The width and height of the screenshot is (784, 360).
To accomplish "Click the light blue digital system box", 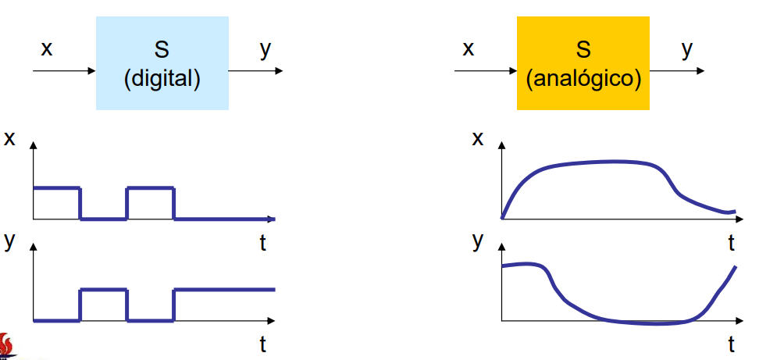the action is (162, 63).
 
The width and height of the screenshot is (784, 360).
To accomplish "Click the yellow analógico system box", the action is (583, 63).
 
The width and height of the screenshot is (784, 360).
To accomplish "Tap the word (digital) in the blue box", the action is (162, 79).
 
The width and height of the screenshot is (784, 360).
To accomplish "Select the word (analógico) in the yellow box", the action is (583, 79).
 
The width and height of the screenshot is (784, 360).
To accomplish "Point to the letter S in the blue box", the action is (162, 50).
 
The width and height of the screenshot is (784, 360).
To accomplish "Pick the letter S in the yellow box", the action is (583, 50).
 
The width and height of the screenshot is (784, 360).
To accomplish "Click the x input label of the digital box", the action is (47, 49).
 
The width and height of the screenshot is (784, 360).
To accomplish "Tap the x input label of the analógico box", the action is (468, 49).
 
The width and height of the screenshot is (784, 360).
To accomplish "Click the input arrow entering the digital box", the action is (64, 71).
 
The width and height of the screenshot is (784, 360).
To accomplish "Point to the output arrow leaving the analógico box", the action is (676, 71).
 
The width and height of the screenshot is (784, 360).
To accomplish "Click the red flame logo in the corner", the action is (7, 346).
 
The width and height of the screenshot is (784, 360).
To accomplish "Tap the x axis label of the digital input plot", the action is (9, 138).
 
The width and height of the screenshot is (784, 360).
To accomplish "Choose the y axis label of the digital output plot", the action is (9, 241).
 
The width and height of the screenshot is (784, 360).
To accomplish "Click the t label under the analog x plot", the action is (731, 243).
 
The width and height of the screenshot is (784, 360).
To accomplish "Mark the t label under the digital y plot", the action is (262, 344).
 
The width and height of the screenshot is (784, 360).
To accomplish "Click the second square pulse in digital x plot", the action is (151, 203).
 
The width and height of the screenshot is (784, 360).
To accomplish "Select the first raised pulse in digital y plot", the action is (104, 305).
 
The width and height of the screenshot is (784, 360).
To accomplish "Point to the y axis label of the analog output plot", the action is (478, 241).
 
